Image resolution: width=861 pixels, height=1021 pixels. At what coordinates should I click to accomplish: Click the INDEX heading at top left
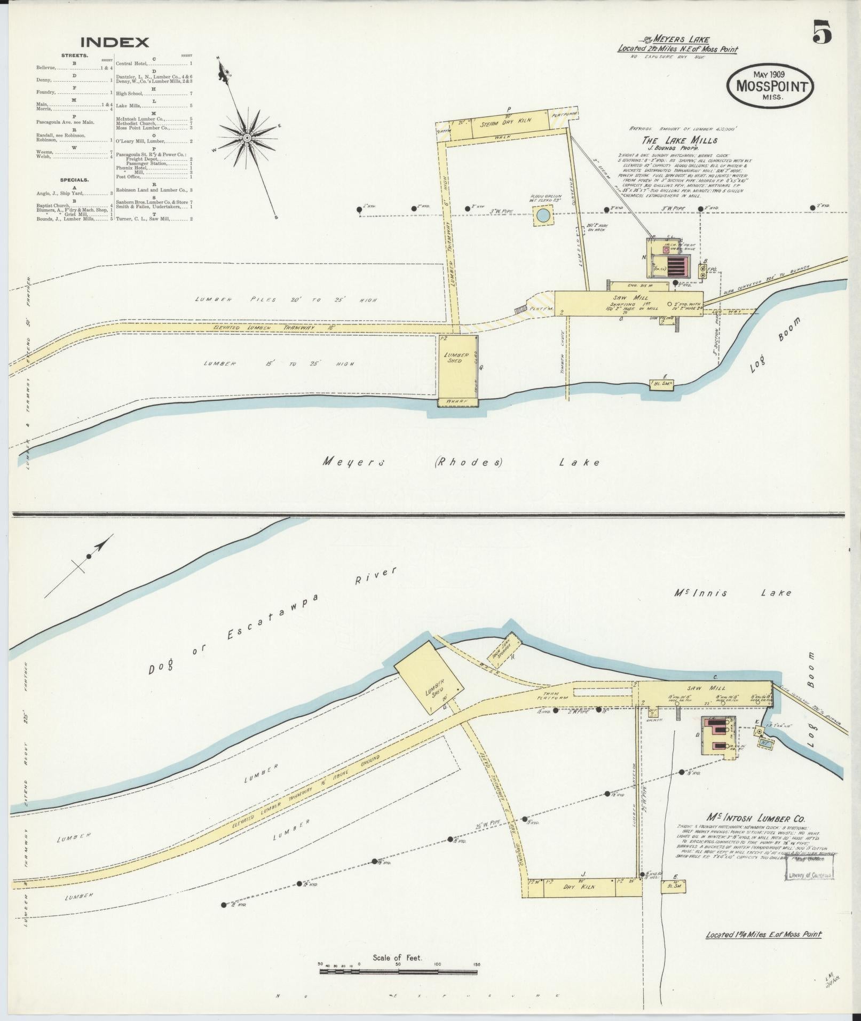115,42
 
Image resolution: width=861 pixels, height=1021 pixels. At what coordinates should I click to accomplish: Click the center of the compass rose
247,138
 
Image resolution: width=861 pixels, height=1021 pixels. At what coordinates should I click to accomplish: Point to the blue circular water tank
543,216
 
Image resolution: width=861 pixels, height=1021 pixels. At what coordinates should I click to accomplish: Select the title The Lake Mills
680,141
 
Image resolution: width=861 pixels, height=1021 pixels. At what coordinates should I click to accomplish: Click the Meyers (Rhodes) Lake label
461,462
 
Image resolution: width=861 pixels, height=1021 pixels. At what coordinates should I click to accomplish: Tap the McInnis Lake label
732,592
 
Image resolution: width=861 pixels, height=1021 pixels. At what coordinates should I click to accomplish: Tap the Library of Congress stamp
809,875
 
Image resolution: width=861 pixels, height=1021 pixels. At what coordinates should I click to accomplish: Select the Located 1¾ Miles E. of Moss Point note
763,935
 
